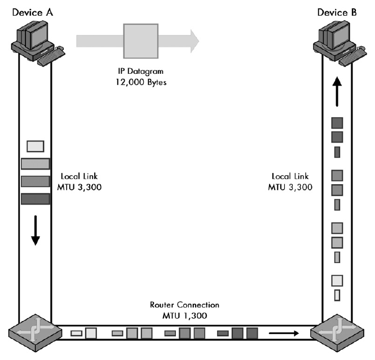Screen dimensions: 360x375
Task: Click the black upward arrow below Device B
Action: click(337, 91)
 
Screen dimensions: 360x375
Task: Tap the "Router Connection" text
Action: click(184, 305)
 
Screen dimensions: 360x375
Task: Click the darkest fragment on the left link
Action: click(35, 199)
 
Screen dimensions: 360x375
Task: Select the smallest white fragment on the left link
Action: click(35, 146)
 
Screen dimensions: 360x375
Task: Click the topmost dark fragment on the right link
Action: click(337, 122)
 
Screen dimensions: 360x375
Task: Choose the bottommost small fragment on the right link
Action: click(337, 295)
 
